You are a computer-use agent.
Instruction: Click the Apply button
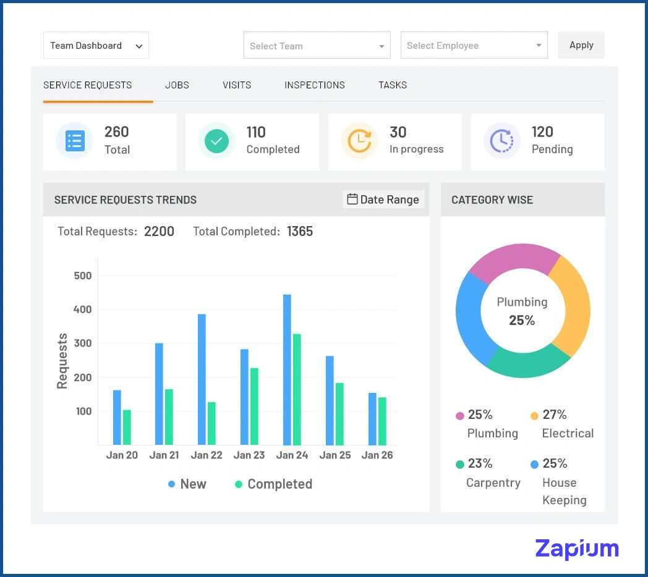tap(581, 45)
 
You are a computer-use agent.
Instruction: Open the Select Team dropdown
tap(317, 46)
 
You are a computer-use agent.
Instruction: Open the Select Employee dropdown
tap(474, 46)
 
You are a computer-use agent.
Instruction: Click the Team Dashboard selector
tap(96, 46)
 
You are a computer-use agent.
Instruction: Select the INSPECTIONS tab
tap(314, 85)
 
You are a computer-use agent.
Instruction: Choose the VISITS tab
tap(237, 85)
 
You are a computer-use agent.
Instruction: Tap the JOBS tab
tap(177, 85)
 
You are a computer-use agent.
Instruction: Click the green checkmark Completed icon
tap(216, 141)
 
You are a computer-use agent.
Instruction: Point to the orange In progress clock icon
tap(359, 141)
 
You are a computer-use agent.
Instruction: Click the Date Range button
tap(383, 200)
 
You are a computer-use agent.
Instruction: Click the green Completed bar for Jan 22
tap(211, 423)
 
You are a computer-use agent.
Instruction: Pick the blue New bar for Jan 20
tap(117, 417)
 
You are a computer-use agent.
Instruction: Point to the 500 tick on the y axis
tap(82, 276)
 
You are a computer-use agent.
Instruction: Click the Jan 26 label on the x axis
tap(377, 455)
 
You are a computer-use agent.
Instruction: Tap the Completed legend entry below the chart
tap(273, 484)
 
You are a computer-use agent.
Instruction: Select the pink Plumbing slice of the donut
tap(513, 257)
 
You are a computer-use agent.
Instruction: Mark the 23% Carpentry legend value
tap(480, 464)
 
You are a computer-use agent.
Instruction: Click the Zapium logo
tap(576, 549)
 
